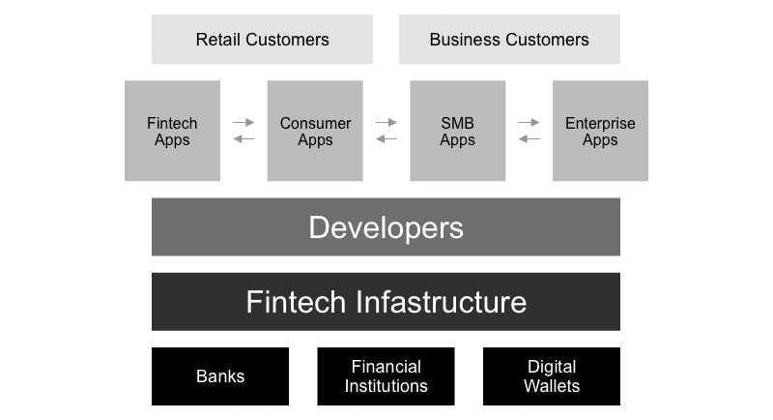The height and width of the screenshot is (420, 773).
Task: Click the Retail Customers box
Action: coord(262,39)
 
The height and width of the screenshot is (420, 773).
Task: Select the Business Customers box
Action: coord(509,39)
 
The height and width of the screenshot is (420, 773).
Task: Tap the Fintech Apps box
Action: coord(173,131)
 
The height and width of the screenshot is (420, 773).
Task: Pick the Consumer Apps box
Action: coord(315,131)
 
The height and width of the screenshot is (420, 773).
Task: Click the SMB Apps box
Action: coord(457,131)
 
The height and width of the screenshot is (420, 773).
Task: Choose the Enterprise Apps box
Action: coord(600,131)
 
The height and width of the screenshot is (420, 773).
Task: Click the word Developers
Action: coord(386,227)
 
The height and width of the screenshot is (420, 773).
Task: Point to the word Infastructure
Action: coord(441,302)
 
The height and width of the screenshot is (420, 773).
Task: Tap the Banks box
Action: coord(220,376)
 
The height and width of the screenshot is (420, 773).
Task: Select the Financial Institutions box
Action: coord(386,376)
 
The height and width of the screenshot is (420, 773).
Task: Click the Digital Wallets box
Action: coord(552,376)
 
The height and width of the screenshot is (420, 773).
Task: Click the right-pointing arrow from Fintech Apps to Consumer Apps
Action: coord(243,122)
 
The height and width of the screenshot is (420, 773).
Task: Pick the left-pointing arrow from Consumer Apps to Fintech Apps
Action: coord(243,139)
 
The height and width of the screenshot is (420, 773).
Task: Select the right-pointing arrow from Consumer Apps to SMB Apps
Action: coord(386,122)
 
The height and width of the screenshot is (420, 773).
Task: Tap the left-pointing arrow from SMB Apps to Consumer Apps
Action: coord(386,139)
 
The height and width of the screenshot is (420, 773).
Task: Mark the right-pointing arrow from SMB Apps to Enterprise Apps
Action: coord(529,122)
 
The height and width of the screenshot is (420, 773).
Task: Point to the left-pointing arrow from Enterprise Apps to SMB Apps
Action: coord(529,139)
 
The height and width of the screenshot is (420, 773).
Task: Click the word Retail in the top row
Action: coord(218,40)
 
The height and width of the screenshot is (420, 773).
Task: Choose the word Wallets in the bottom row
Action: coord(552,386)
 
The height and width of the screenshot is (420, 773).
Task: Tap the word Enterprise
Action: coord(600,123)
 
